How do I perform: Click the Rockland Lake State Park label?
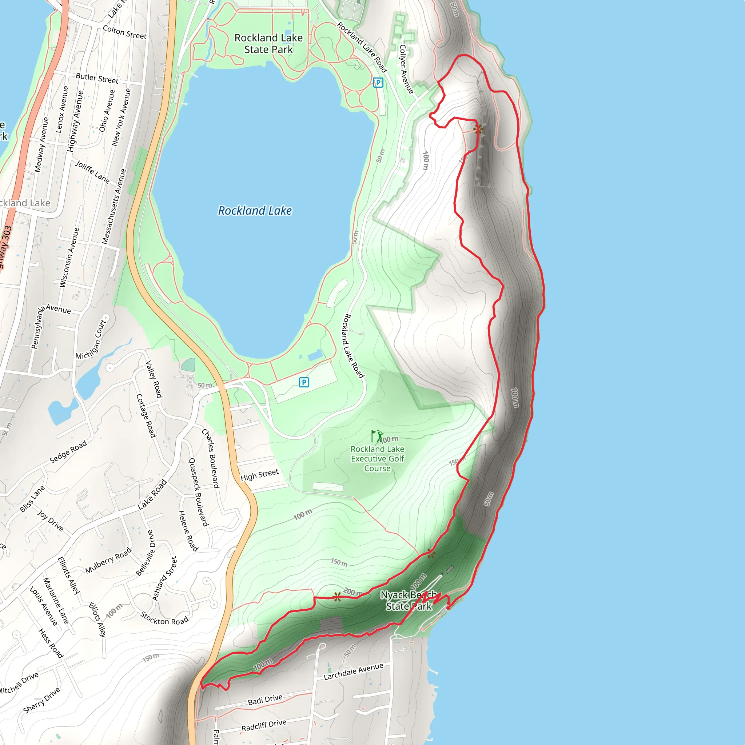pos(268,44)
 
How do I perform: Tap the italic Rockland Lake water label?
pos(255,211)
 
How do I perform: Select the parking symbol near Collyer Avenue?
pos(378,83)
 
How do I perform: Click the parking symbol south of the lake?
pos(304,382)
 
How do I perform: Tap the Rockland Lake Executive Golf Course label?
pos(377,458)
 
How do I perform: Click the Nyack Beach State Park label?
pos(409,600)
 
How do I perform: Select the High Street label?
pos(259,475)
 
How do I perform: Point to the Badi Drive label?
pos(265,700)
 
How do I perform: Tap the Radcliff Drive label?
pos(264,725)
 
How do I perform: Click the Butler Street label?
pos(97,78)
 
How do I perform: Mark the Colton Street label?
pos(124,32)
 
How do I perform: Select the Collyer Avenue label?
pos(406,69)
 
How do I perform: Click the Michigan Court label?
pos(91,340)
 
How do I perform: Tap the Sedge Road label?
pos(68,452)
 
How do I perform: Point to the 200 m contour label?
pos(353,592)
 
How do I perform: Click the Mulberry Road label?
pos(108,560)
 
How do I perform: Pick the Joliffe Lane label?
pos(92,172)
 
